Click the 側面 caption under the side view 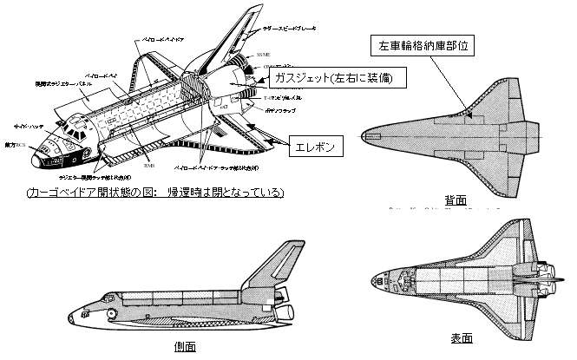[184, 346]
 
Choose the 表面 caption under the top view [462, 337]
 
